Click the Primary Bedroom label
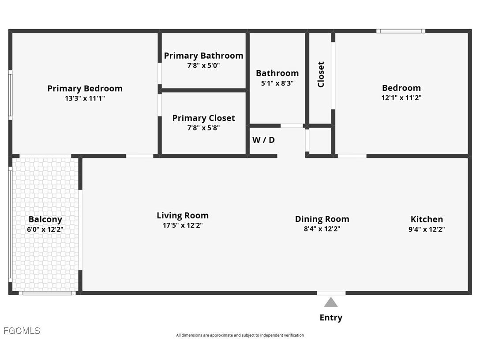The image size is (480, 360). click(x=85, y=89)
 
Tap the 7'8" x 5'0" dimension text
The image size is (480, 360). click(x=203, y=65)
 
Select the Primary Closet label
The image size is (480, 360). click(x=203, y=118)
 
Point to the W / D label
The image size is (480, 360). click(x=263, y=140)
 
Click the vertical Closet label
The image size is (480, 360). click(x=321, y=74)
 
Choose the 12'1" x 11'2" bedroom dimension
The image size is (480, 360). click(x=401, y=98)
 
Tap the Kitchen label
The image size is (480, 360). click(x=427, y=219)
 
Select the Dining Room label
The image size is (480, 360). click(x=322, y=219)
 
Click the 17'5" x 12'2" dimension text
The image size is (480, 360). click(x=183, y=225)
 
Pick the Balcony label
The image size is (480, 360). click(x=45, y=219)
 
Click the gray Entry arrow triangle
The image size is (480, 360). click(x=331, y=303)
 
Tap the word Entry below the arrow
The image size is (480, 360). click(x=331, y=318)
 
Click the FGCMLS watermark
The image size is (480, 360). click(x=22, y=330)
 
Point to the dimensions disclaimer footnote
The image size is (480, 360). click(x=240, y=335)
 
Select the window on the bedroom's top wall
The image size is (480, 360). click(x=401, y=31)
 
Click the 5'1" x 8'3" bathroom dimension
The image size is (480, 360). click(x=277, y=83)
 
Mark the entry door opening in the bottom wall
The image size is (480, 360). click(x=331, y=293)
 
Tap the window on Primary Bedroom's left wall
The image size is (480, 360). click(x=10, y=94)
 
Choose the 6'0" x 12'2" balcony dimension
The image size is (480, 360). click(x=45, y=229)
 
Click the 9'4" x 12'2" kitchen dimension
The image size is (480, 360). click(x=427, y=229)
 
